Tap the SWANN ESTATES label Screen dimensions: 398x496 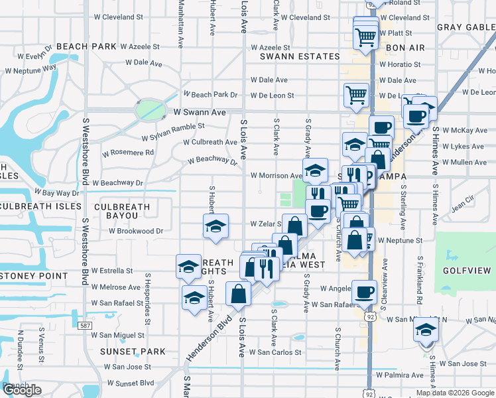tap(290, 57)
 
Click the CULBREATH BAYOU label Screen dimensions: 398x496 tap(122, 212)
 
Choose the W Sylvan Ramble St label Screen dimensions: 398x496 tap(173, 127)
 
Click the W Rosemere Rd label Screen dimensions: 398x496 tap(128, 152)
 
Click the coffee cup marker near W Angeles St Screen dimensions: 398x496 tap(364, 292)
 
